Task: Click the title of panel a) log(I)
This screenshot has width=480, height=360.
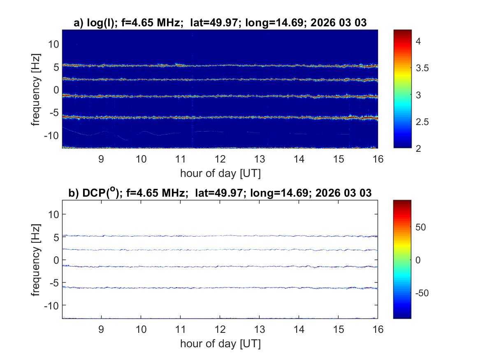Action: click(220, 23)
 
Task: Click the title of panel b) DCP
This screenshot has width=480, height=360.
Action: click(220, 193)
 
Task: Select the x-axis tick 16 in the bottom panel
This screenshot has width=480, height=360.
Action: click(377, 330)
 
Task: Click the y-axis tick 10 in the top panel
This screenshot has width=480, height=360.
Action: click(53, 44)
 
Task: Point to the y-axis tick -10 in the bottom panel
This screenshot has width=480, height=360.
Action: click(52, 305)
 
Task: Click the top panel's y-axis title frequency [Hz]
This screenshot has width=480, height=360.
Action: click(37, 89)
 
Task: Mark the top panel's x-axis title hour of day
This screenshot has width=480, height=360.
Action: click(220, 173)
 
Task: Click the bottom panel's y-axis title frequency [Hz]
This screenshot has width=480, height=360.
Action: click(37, 260)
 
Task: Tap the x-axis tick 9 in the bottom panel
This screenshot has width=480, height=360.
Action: click(101, 330)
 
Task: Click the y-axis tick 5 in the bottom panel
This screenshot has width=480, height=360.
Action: click(56, 237)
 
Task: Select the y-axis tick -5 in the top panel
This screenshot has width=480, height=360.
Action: click(54, 112)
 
